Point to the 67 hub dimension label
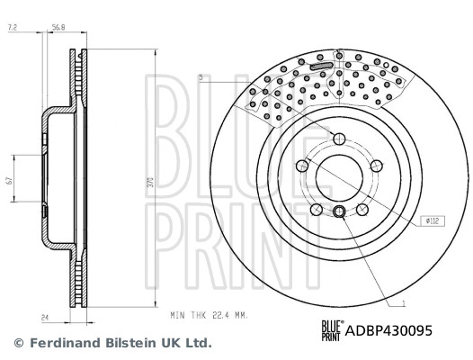coord(9,181)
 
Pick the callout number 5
coord(202,79)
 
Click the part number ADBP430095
coord(388,330)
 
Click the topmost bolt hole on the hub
coord(337,139)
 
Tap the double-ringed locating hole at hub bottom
coord(338,211)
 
